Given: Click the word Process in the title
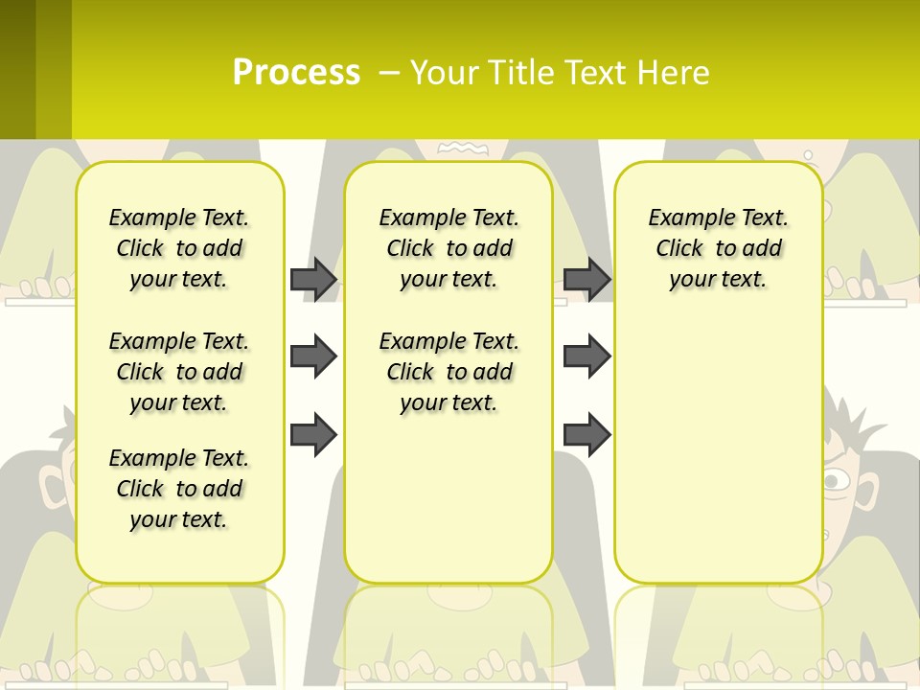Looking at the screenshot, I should pyautogui.click(x=296, y=73).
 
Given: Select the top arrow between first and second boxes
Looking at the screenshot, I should pyautogui.click(x=313, y=279).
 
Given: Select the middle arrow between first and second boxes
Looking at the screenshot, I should pyautogui.click(x=313, y=357).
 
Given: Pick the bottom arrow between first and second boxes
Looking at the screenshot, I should pyautogui.click(x=313, y=434).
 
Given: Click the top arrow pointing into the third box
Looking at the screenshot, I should pyautogui.click(x=586, y=279).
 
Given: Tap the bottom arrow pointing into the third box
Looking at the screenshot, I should pyautogui.click(x=586, y=434).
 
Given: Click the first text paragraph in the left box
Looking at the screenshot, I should pyautogui.click(x=179, y=248).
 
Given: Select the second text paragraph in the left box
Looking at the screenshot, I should pyautogui.click(x=179, y=372).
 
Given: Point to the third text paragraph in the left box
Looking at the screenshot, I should pyautogui.click(x=179, y=489).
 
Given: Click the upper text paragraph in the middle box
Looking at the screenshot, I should pyautogui.click(x=448, y=248).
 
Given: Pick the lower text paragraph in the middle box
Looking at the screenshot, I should pyautogui.click(x=448, y=372).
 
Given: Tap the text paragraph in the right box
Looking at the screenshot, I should pyautogui.click(x=718, y=248).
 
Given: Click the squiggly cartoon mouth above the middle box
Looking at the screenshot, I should pyautogui.click(x=463, y=148).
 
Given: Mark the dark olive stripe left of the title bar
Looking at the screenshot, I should pyautogui.click(x=17, y=69).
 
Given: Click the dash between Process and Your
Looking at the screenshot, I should pyautogui.click(x=389, y=73).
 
